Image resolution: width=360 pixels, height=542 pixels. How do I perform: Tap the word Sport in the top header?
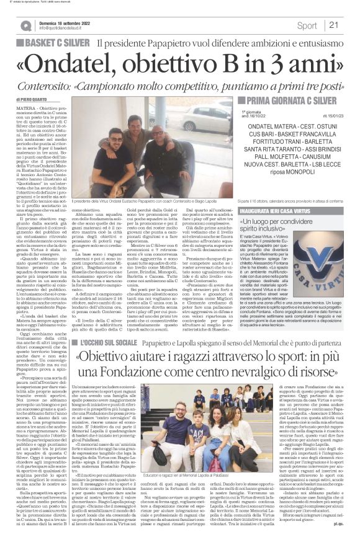click(307, 25)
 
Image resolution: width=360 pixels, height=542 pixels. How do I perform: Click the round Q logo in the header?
click(25, 25)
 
